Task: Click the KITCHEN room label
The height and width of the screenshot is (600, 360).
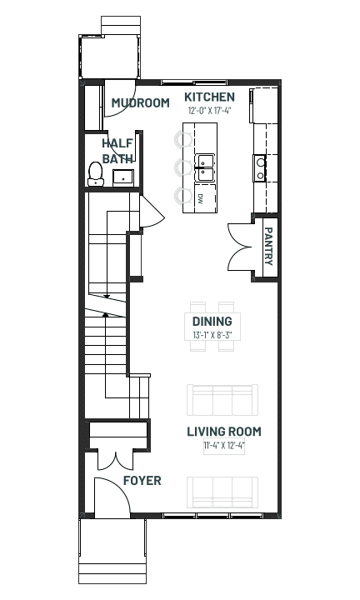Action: [x=209, y=97]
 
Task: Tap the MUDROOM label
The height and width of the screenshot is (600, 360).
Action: [x=140, y=103]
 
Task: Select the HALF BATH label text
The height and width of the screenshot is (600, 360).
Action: [x=117, y=151]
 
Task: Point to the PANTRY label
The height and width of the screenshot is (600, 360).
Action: [x=268, y=246]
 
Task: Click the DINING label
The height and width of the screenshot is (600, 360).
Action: [x=212, y=322]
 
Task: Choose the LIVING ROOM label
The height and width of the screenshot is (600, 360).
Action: [x=224, y=432]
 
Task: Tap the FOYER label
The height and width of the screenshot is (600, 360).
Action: [x=142, y=481]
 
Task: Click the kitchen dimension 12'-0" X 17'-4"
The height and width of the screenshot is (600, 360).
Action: [x=210, y=111]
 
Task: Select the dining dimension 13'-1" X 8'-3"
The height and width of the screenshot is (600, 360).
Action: [x=212, y=335]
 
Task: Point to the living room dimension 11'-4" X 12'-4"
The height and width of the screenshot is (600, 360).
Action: [x=224, y=445]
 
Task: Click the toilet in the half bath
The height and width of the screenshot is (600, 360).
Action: [x=96, y=174]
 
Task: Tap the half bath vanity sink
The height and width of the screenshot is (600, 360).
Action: [x=123, y=177]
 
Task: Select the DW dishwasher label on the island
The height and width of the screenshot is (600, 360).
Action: [x=200, y=197]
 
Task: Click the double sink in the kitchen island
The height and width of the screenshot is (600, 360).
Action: [x=205, y=168]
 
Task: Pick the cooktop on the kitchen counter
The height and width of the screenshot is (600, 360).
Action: [x=261, y=168]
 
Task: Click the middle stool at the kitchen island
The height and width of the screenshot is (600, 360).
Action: [x=183, y=167]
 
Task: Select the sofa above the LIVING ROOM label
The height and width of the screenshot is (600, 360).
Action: [x=222, y=400]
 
